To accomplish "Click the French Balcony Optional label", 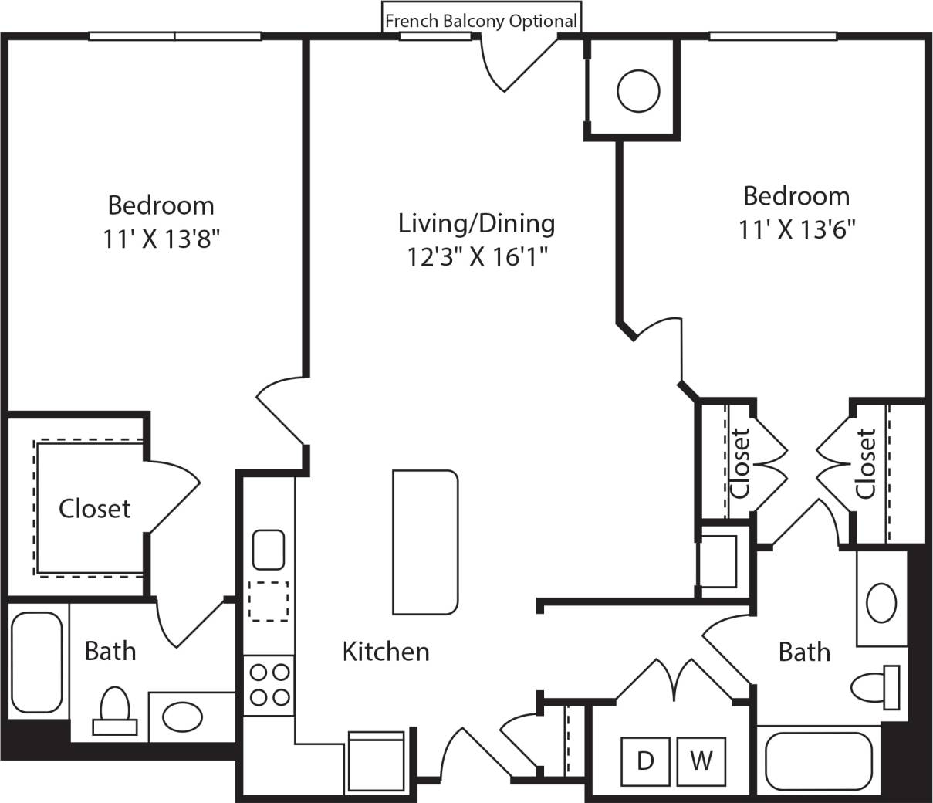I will [481, 21].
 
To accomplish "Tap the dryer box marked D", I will [646, 761].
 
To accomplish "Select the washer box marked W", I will [701, 761].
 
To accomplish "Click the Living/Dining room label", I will [476, 223].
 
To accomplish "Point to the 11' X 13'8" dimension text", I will [161, 239].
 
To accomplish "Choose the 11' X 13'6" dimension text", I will [797, 229].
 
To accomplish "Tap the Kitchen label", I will [385, 652].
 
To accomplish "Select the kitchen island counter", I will [425, 542].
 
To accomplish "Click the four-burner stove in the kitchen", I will [269, 685].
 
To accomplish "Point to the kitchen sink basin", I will [269, 549].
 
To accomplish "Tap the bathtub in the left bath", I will [37, 662].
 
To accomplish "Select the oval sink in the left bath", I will [183, 717].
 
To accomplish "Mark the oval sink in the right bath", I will [881, 602].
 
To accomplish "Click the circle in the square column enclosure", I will [639, 91].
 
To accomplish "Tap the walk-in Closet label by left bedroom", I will [94, 509].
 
